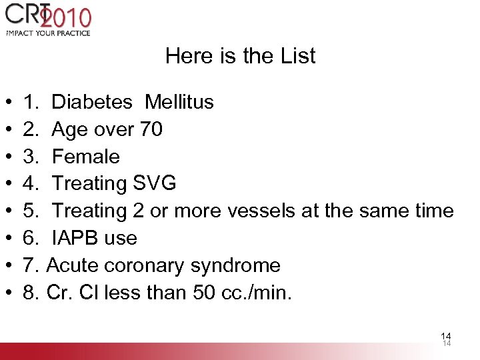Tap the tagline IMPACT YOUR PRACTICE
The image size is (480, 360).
48,32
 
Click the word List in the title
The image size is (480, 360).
298,56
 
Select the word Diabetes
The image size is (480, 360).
92,102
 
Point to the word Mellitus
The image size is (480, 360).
179,102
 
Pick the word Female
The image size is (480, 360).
85,157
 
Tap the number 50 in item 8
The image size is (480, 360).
205,293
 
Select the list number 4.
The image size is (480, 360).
31,183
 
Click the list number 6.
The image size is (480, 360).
31,238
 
